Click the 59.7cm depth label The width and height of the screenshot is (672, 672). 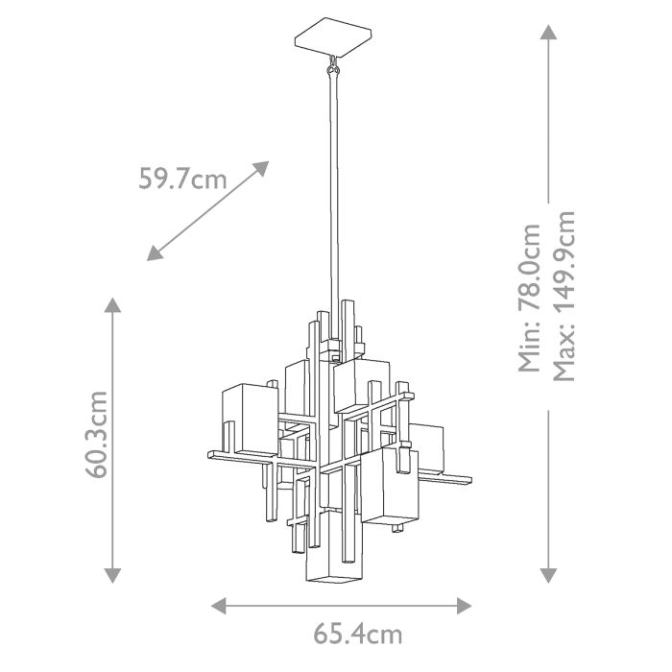click(x=182, y=179)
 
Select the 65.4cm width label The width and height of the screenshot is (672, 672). click(x=357, y=635)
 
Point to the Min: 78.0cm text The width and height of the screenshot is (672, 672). click(x=530, y=298)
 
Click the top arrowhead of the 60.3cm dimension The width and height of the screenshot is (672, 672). click(x=113, y=306)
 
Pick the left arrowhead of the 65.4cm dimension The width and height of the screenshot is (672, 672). click(x=219, y=605)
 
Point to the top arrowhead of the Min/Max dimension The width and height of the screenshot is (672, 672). click(x=548, y=33)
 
